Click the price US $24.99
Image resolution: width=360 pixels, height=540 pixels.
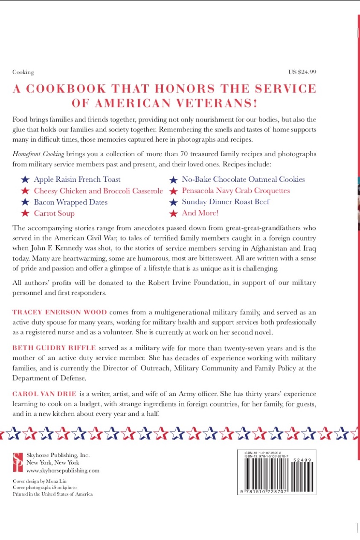coord(302,72)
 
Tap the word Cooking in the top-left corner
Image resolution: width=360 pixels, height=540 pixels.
coord(23,73)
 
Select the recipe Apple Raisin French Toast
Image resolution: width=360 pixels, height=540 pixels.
coord(77,180)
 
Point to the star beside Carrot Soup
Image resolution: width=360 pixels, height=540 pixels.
coord(26,213)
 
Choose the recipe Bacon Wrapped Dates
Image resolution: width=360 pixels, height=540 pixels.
coord(71,202)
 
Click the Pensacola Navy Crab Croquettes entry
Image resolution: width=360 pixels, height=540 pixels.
coord(236,191)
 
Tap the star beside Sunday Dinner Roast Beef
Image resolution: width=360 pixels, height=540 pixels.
coord(174,202)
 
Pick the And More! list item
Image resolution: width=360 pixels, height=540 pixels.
coord(200,213)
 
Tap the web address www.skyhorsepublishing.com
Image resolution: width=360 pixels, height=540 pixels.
coord(63,470)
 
